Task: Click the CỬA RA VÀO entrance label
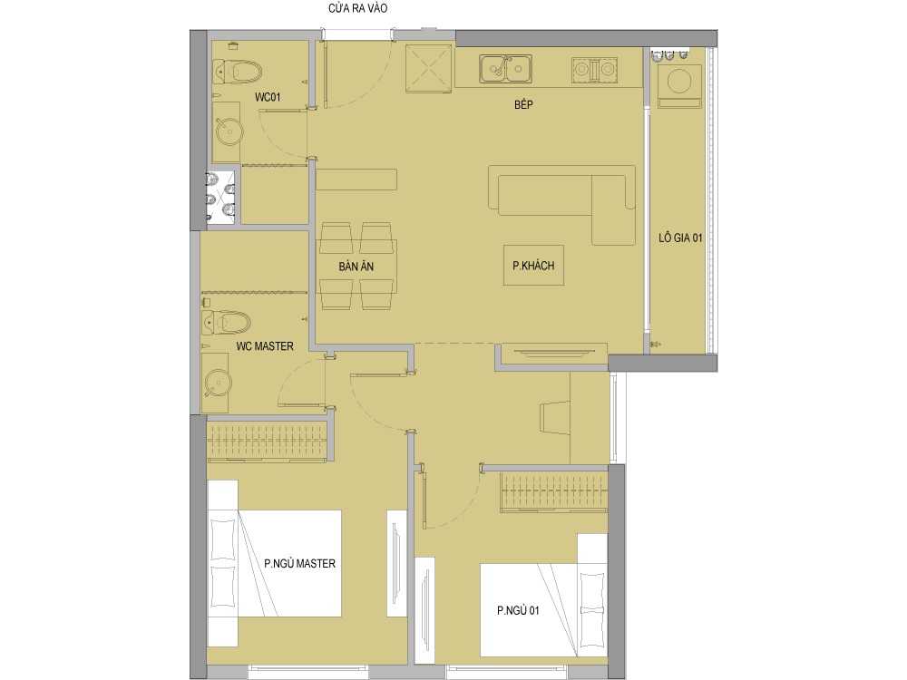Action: coord(357,8)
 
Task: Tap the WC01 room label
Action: coord(268,97)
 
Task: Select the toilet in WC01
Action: coord(237,72)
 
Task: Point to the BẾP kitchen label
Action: coord(523,104)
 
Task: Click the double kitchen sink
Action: coord(505,69)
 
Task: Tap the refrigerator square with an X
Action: coord(428,68)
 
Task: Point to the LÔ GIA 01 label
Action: coord(680,238)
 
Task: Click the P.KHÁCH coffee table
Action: coord(533,266)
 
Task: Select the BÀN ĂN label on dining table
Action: coord(356,267)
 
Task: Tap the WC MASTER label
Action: coord(265,346)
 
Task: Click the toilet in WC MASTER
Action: coord(226,323)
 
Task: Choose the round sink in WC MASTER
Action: coord(218,383)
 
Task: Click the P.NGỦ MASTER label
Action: coord(299,563)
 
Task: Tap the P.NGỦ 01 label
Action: coord(518,610)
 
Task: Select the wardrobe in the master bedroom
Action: coord(268,442)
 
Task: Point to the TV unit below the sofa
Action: coord(553,354)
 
